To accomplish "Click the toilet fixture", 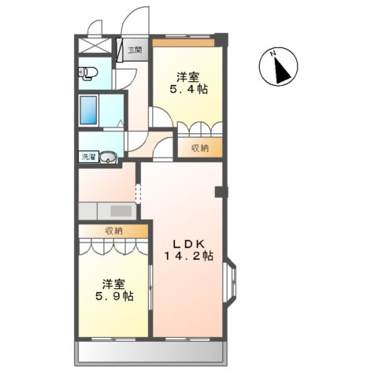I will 87,74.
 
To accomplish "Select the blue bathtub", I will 89,110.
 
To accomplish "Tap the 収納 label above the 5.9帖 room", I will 114,231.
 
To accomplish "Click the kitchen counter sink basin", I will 120,211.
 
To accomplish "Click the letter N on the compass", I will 273,55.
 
